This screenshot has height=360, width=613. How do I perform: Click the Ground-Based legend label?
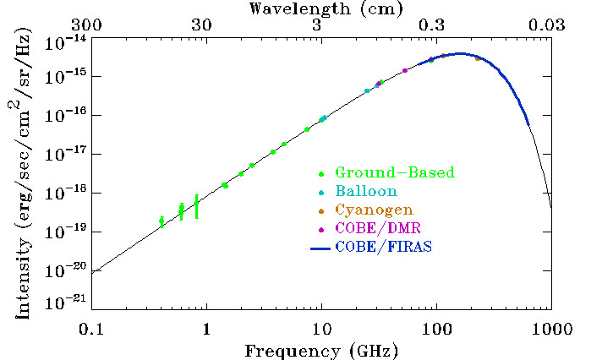[394, 173]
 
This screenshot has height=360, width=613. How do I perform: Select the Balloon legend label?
[365, 192]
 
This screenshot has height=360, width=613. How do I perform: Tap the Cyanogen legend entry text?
[374, 210]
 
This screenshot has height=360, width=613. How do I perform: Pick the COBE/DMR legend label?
[377, 228]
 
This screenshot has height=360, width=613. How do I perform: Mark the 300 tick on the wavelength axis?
[91, 25]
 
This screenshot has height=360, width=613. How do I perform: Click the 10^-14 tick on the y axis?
[66, 40]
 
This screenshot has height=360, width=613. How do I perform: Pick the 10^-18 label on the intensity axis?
[66, 192]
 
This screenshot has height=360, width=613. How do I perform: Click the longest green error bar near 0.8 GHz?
[196, 206]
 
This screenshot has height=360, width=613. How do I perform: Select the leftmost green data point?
[161, 221]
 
